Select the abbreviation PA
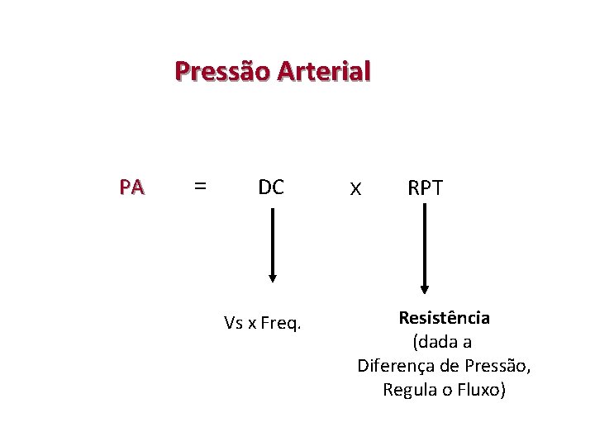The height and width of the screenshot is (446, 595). click(x=131, y=187)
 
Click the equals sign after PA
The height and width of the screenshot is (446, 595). click(x=199, y=187)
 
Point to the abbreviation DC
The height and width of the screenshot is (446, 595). click(x=271, y=187)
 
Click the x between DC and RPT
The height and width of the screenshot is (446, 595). click(x=355, y=189)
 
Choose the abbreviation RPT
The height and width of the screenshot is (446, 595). click(x=425, y=188)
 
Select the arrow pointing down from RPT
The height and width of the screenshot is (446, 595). click(x=425, y=249)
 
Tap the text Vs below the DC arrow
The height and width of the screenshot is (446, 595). click(x=232, y=322)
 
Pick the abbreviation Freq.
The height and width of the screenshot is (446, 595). click(x=280, y=323)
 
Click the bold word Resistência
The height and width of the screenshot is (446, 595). click(x=444, y=318)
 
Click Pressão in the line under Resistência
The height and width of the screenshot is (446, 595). click(x=497, y=365)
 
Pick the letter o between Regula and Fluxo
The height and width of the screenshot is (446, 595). click(x=445, y=390)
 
